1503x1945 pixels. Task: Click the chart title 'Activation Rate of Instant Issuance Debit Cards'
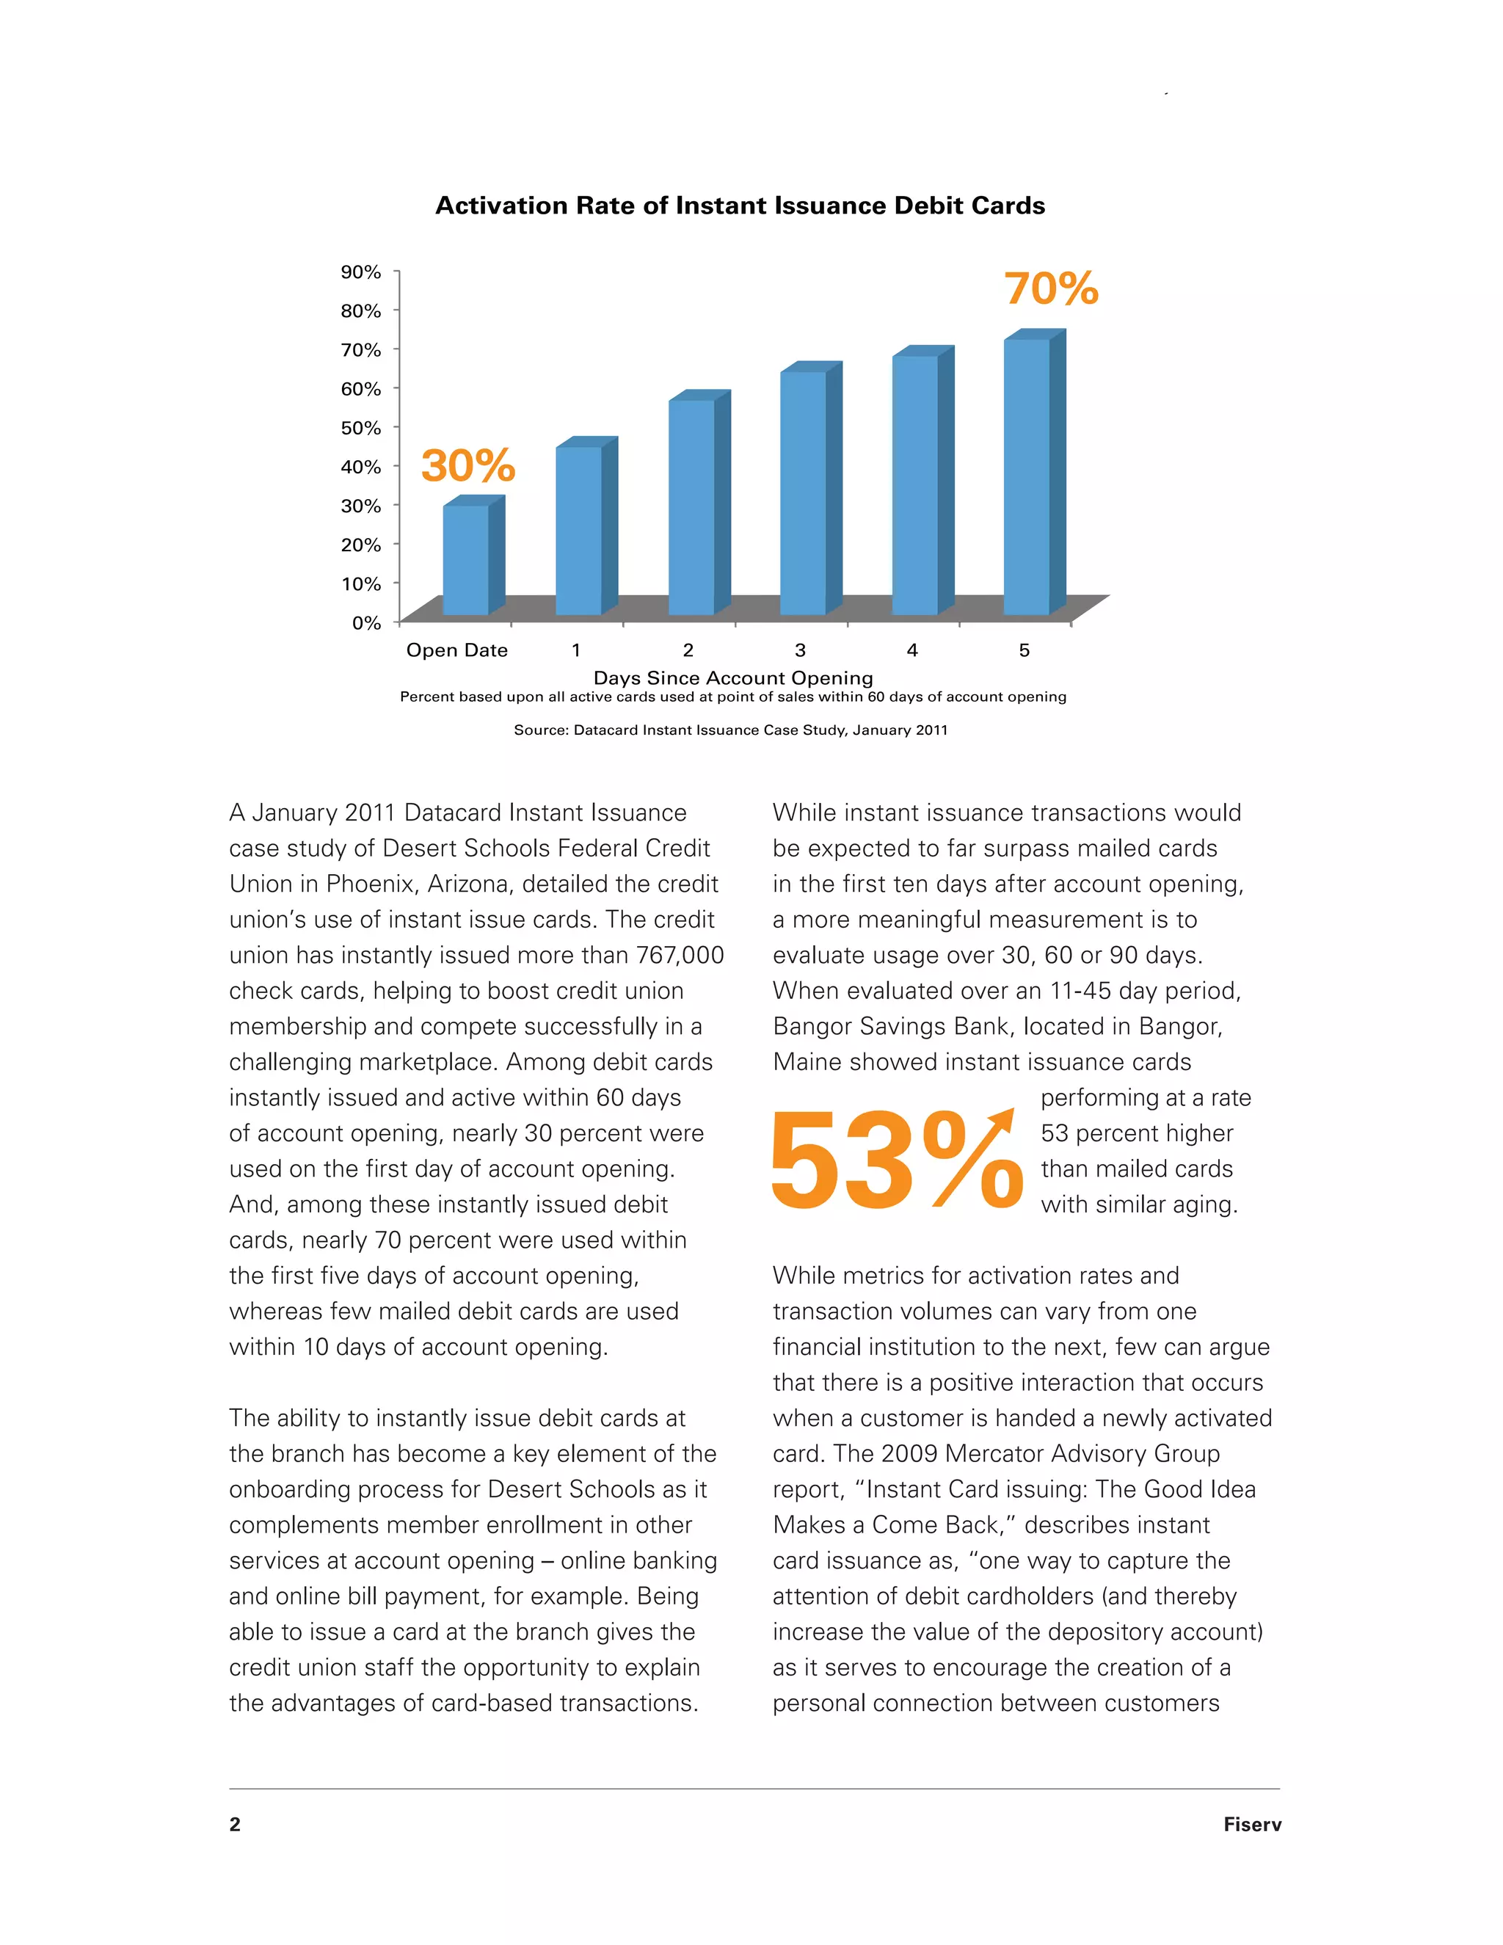coord(740,206)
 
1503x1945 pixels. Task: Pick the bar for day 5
coord(1027,476)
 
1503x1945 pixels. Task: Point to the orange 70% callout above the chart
coord(1052,288)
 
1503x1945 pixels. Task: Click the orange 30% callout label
coord(467,466)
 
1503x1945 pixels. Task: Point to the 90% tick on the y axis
coord(360,272)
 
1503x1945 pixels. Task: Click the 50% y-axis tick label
coord(360,427)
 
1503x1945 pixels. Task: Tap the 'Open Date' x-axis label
coord(456,650)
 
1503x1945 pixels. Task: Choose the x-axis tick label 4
coord(911,650)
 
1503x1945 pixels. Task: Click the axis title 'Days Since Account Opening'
coord(733,677)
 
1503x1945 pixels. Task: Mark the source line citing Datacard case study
coord(730,730)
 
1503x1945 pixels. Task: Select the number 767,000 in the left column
coord(680,956)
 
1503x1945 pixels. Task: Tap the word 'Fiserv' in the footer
coord(1252,1825)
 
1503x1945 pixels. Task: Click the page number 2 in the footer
coord(235,1825)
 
